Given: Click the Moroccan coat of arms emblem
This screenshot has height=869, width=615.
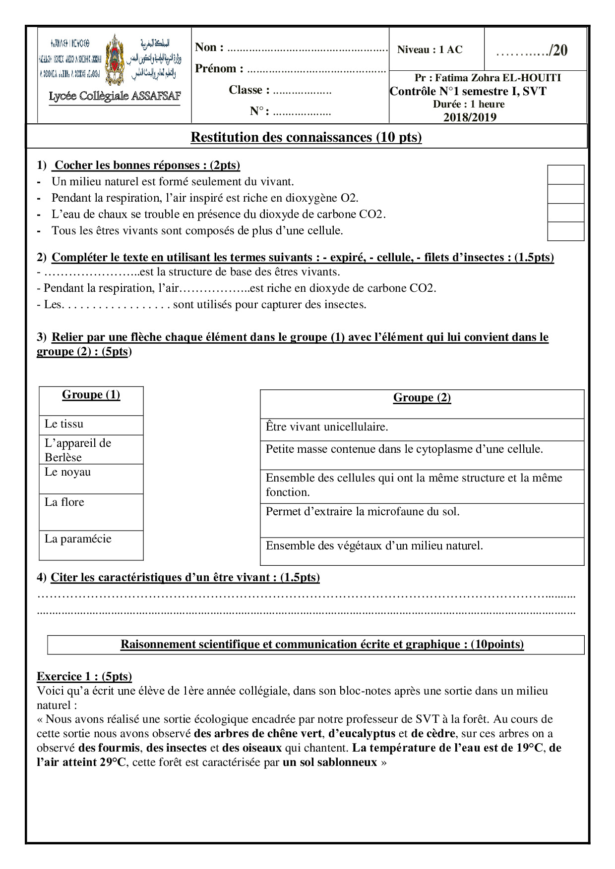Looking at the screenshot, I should coord(115,59).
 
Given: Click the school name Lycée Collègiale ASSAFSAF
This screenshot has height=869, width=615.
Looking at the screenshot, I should coord(115,96).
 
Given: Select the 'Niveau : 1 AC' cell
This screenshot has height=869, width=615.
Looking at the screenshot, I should coord(430,50).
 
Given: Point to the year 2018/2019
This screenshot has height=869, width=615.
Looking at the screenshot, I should coord(470,117).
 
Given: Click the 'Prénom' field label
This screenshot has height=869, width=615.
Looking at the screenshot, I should coord(219,68).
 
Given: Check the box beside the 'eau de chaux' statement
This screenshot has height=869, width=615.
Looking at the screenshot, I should coord(565,213).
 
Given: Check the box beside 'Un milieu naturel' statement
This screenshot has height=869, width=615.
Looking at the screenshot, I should coord(565,175).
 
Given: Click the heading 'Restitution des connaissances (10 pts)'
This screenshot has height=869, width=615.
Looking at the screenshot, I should coord(306,137).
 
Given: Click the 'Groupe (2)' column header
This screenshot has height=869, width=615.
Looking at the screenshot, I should coord(422,398).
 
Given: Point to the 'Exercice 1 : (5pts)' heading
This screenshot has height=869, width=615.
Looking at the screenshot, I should coord(84,677).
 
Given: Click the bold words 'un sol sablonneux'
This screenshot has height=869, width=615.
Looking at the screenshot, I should coord(330,762).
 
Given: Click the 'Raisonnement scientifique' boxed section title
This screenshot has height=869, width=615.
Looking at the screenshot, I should coord(322,645).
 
